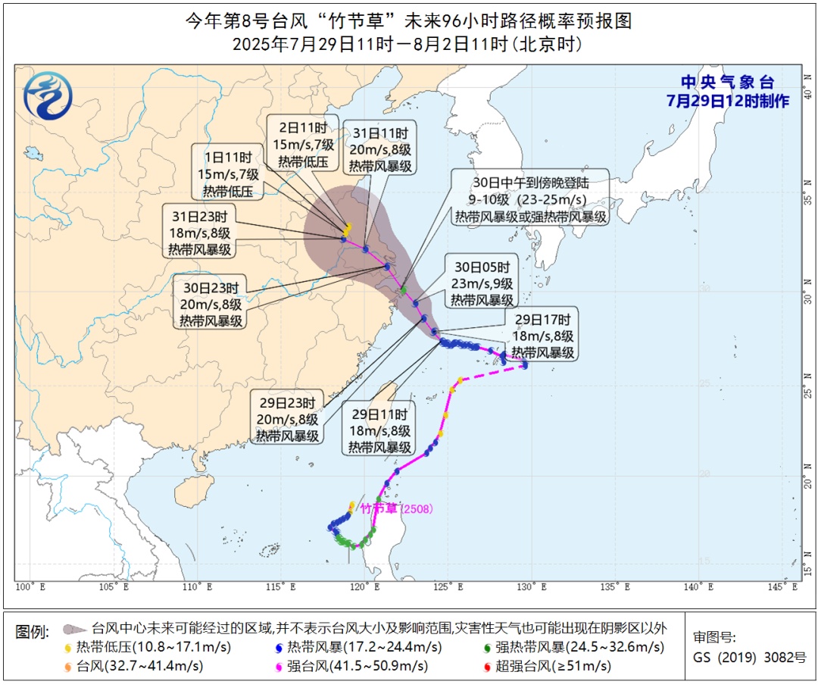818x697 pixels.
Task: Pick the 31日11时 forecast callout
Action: [380, 148]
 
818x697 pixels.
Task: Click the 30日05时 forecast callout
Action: [482, 283]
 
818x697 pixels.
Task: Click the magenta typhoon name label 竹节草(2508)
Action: [396, 508]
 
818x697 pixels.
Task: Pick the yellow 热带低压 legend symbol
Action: [70, 648]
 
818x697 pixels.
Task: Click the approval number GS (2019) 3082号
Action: [750, 658]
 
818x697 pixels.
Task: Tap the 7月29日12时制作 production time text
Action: [727, 101]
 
